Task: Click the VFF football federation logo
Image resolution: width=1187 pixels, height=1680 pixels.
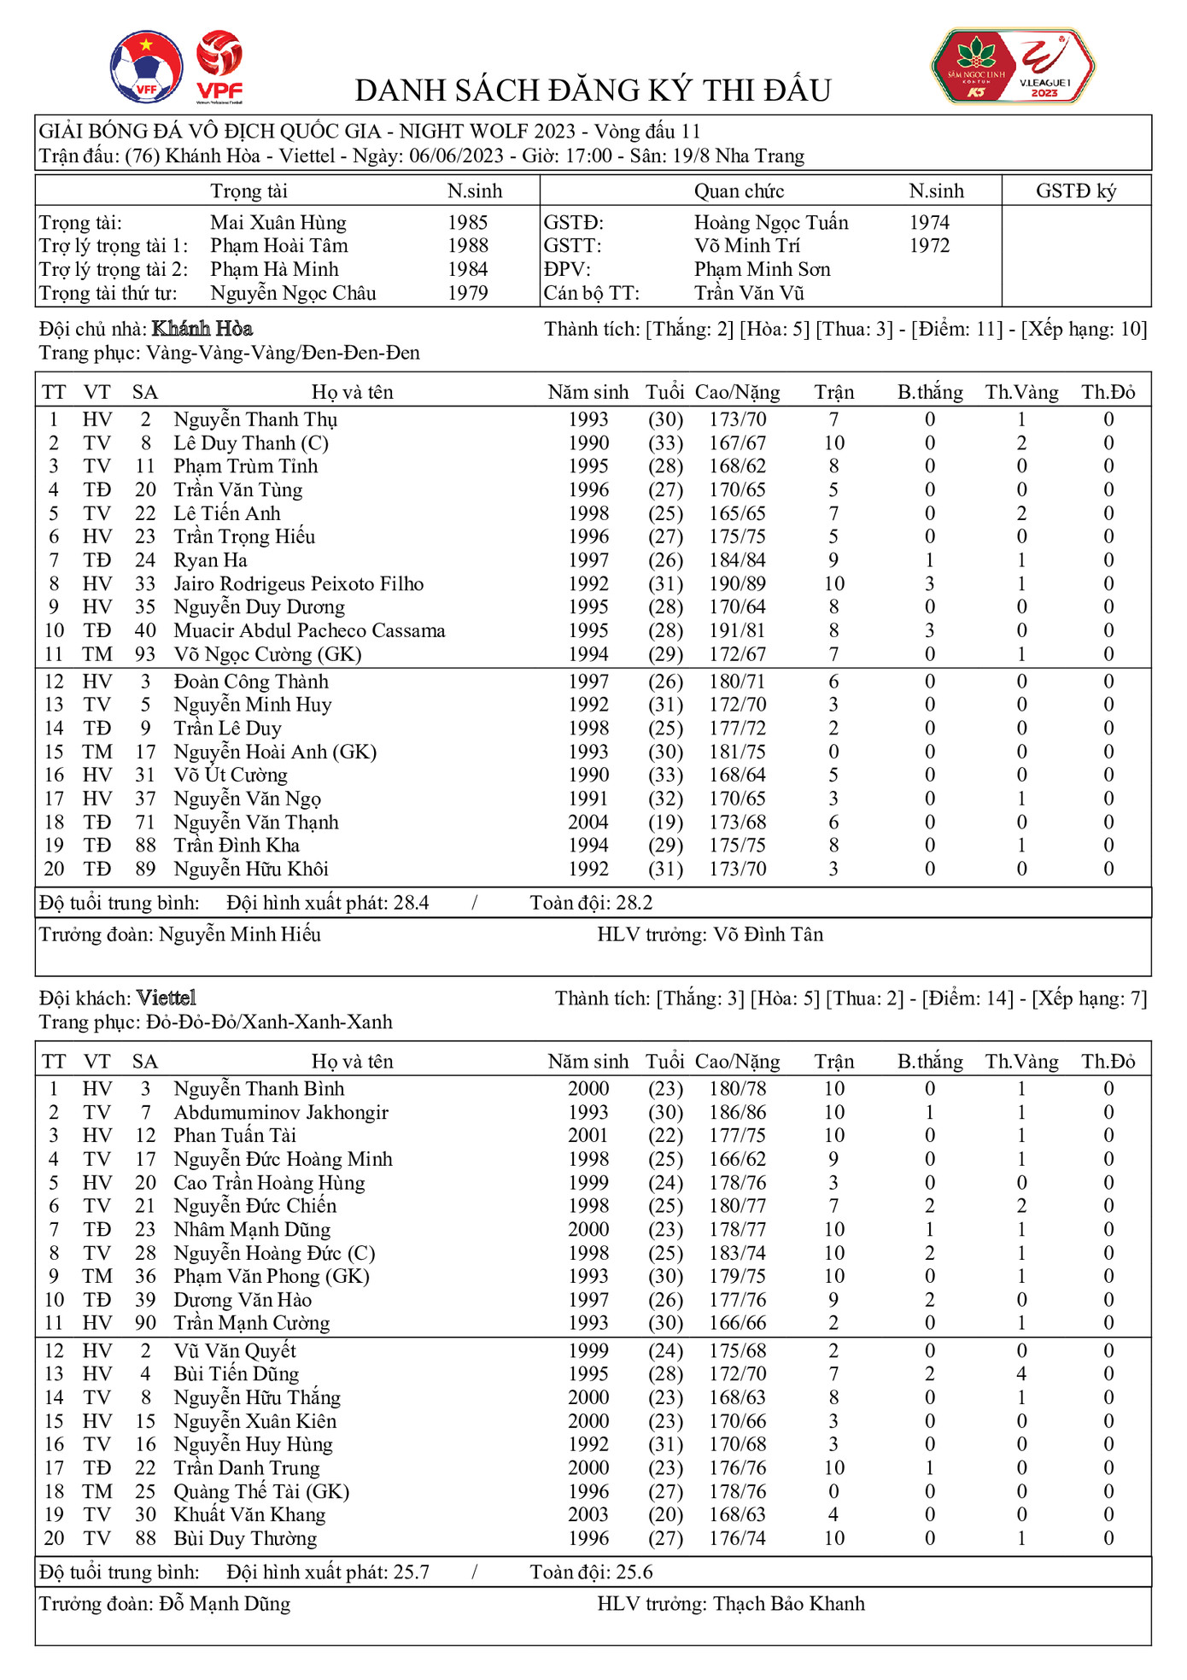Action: (x=146, y=67)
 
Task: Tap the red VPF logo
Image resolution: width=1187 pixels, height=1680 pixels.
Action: (x=219, y=67)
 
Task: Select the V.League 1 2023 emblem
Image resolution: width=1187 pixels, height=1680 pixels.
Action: (x=1013, y=67)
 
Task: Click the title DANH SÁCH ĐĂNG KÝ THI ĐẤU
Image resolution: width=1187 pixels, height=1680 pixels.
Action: (x=593, y=91)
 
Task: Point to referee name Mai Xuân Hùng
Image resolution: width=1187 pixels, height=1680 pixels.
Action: (x=278, y=223)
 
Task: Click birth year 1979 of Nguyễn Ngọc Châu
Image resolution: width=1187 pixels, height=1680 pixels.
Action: (x=467, y=293)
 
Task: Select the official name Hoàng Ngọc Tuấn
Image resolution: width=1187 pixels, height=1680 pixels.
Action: (x=770, y=223)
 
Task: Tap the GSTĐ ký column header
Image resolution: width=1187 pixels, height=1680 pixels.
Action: (x=1075, y=191)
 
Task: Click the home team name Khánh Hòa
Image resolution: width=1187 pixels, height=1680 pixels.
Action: (x=202, y=329)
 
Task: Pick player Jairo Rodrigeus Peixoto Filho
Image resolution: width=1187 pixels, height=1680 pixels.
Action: (x=298, y=584)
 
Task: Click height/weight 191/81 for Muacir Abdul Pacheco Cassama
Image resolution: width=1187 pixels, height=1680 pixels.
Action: (x=737, y=631)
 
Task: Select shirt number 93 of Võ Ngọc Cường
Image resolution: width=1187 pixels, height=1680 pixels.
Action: (x=145, y=654)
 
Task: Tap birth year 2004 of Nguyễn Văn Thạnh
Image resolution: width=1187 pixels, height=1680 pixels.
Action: (x=588, y=822)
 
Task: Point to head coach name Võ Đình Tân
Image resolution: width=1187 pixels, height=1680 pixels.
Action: (x=769, y=934)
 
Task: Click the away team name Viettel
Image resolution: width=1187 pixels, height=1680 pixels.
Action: (x=167, y=998)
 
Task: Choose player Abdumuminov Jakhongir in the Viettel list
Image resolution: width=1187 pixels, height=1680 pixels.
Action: (x=280, y=1113)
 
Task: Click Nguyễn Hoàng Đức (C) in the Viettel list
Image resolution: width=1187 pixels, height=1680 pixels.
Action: (x=274, y=1254)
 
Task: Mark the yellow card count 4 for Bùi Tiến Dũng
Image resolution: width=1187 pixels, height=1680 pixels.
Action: (x=1020, y=1374)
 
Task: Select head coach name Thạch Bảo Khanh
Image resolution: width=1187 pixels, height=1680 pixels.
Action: (x=788, y=1604)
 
